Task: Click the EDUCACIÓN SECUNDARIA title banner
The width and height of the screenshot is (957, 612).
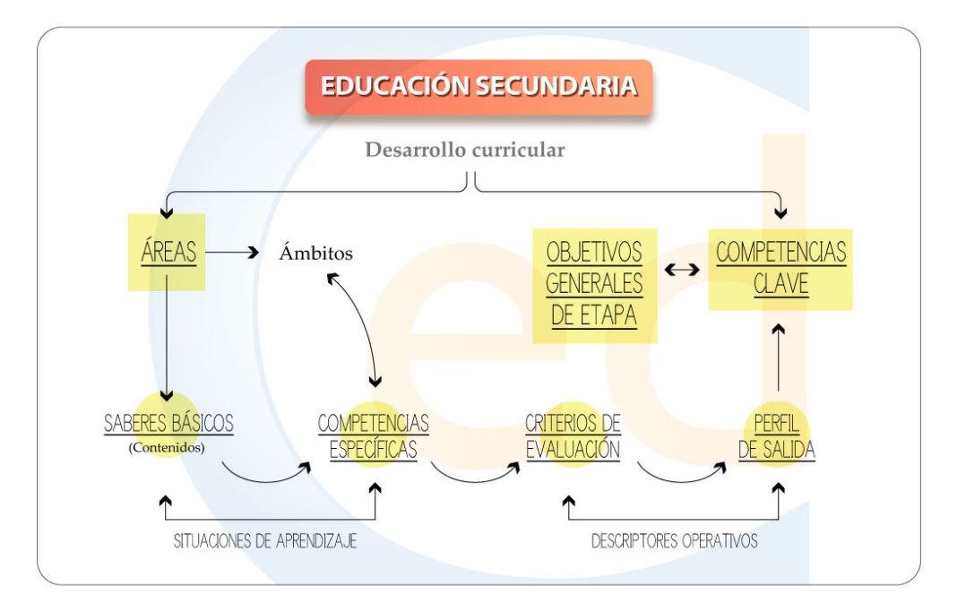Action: pyautogui.click(x=478, y=87)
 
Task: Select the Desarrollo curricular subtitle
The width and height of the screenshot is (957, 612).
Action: pyautogui.click(x=464, y=150)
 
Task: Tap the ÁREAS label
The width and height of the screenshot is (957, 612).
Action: pyautogui.click(x=168, y=252)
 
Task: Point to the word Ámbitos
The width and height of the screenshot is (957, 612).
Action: pyautogui.click(x=315, y=254)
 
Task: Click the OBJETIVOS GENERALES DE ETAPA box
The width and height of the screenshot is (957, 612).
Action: pyautogui.click(x=594, y=284)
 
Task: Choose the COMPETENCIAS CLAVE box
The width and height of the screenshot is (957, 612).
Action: pyautogui.click(x=780, y=268)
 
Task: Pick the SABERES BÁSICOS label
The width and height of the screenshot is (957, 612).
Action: pyautogui.click(x=168, y=423)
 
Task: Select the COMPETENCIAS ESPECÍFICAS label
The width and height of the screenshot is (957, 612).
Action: pyautogui.click(x=373, y=435)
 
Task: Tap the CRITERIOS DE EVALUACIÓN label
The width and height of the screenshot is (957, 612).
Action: pyautogui.click(x=573, y=435)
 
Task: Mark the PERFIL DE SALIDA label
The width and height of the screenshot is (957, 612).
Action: pyautogui.click(x=777, y=435)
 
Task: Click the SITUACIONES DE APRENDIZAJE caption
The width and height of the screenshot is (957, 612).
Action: pyautogui.click(x=265, y=541)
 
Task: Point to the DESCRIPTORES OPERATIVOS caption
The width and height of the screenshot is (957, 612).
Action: pyautogui.click(x=674, y=541)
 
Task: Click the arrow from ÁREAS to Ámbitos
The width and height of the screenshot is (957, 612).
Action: pyautogui.click(x=233, y=253)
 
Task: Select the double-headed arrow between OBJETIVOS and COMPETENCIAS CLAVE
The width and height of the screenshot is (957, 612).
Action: pyautogui.click(x=683, y=268)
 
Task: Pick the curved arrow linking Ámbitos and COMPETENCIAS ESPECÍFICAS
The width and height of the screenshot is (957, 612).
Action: pyautogui.click(x=358, y=327)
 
